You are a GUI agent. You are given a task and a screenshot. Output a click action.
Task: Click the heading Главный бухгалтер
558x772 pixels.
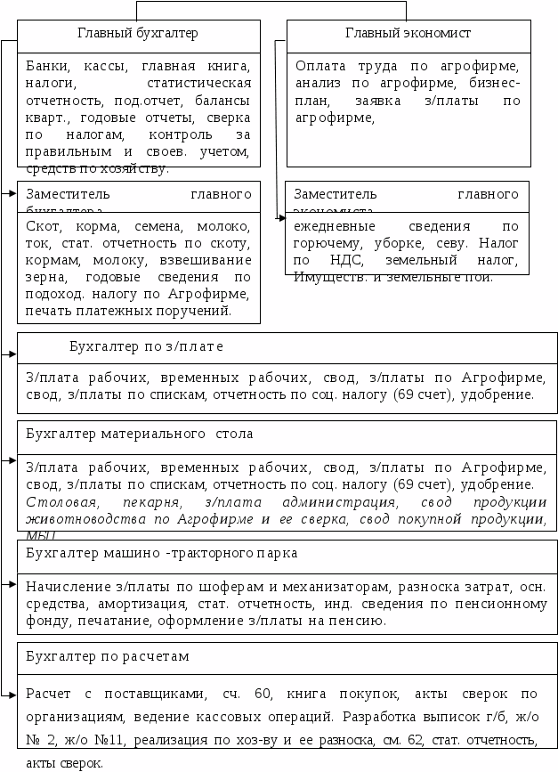coord(138,34)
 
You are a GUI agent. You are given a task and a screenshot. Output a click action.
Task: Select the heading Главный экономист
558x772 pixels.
coord(408,34)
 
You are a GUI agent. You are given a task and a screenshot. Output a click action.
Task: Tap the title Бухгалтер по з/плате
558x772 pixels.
coord(146,345)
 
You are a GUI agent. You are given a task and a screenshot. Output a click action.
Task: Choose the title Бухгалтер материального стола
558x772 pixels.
coord(140,434)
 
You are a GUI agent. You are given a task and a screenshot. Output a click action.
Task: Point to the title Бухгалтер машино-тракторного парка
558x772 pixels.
coord(162,553)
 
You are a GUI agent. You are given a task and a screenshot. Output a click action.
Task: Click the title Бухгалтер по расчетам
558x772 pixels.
coord(108,656)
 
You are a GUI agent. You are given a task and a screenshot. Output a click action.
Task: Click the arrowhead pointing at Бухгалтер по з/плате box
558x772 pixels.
coord(12,354)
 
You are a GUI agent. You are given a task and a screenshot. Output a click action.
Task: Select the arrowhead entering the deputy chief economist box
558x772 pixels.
coord(279,216)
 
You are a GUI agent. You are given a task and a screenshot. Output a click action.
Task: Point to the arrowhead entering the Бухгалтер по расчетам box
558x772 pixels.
coord(12,695)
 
